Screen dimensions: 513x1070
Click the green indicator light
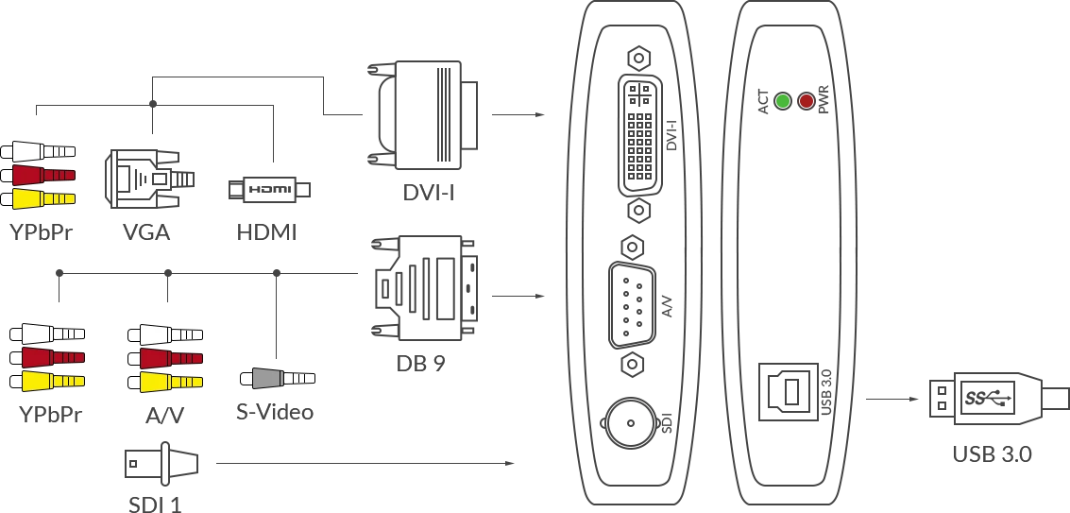tap(783, 101)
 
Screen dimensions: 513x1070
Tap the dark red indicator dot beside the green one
tap(807, 101)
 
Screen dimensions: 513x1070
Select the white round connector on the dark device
tap(631, 423)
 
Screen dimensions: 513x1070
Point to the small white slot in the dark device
tap(714, 246)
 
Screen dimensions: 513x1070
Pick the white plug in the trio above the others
tap(38, 151)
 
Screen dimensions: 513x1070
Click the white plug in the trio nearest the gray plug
tap(164, 334)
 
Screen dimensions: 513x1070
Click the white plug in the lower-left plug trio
tap(47, 334)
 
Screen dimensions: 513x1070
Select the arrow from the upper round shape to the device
tap(520, 116)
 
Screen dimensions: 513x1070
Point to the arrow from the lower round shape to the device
tap(520, 298)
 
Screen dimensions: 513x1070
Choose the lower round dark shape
tap(427, 290)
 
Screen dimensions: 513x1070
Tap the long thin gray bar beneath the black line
tap(366, 465)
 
